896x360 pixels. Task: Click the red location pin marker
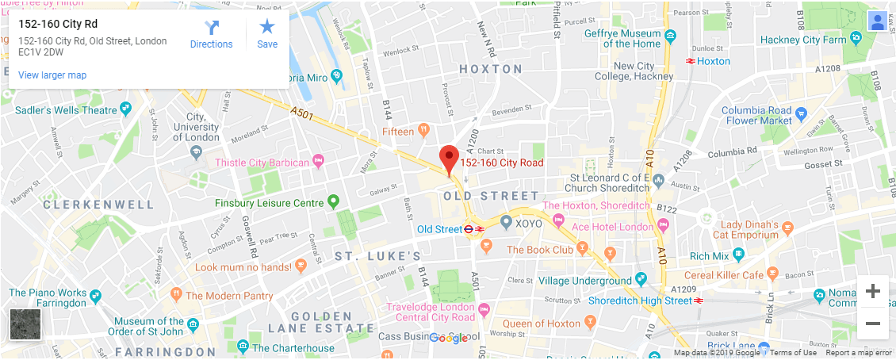tap(450, 159)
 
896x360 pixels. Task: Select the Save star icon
tap(267, 34)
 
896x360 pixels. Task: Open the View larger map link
tap(52, 75)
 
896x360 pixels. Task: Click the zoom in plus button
tap(872, 291)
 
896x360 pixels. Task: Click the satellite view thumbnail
tap(25, 324)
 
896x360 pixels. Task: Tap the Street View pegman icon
tap(877, 21)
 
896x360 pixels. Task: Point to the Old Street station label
tap(439, 229)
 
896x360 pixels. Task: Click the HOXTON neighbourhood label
tap(491, 69)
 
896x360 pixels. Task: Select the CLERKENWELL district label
tap(98, 205)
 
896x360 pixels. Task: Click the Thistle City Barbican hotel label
tap(262, 163)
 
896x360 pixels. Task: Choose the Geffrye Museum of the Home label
tap(622, 39)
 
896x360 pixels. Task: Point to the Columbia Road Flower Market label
tap(759, 115)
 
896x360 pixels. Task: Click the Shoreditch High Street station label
tap(640, 301)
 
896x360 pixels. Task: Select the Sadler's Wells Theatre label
tap(66, 110)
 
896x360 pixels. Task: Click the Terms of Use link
tap(793, 353)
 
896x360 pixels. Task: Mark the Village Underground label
tap(585, 281)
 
